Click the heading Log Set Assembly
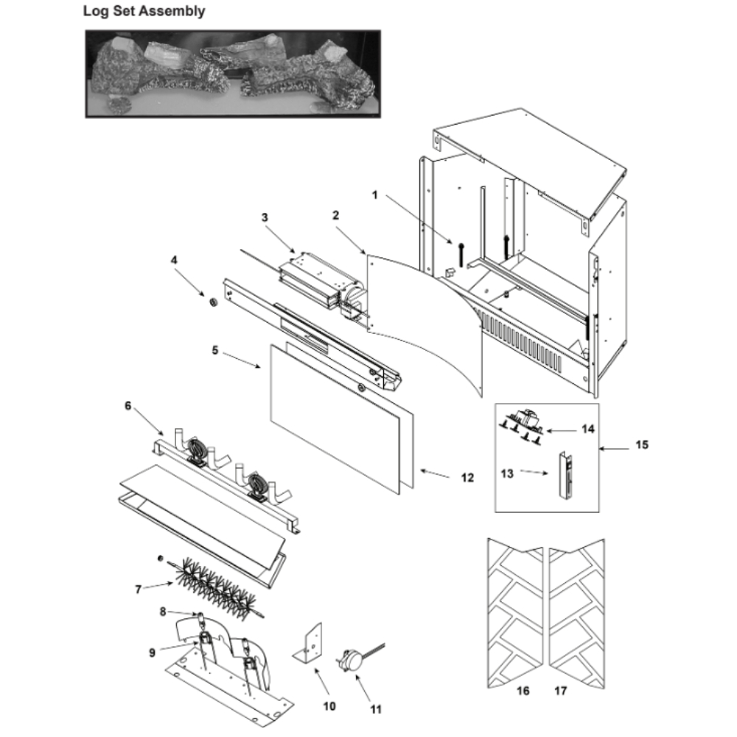point(144,11)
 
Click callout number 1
point(374,195)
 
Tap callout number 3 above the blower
point(265,217)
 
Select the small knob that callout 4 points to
point(212,302)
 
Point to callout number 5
point(214,350)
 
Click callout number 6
point(128,405)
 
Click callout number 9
point(152,652)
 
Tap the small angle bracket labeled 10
point(308,643)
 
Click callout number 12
point(467,478)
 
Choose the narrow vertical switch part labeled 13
point(565,475)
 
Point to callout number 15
point(642,444)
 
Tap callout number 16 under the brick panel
point(523,691)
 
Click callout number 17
point(561,691)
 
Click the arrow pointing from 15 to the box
point(615,449)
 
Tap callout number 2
point(335,214)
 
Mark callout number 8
point(163,611)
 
